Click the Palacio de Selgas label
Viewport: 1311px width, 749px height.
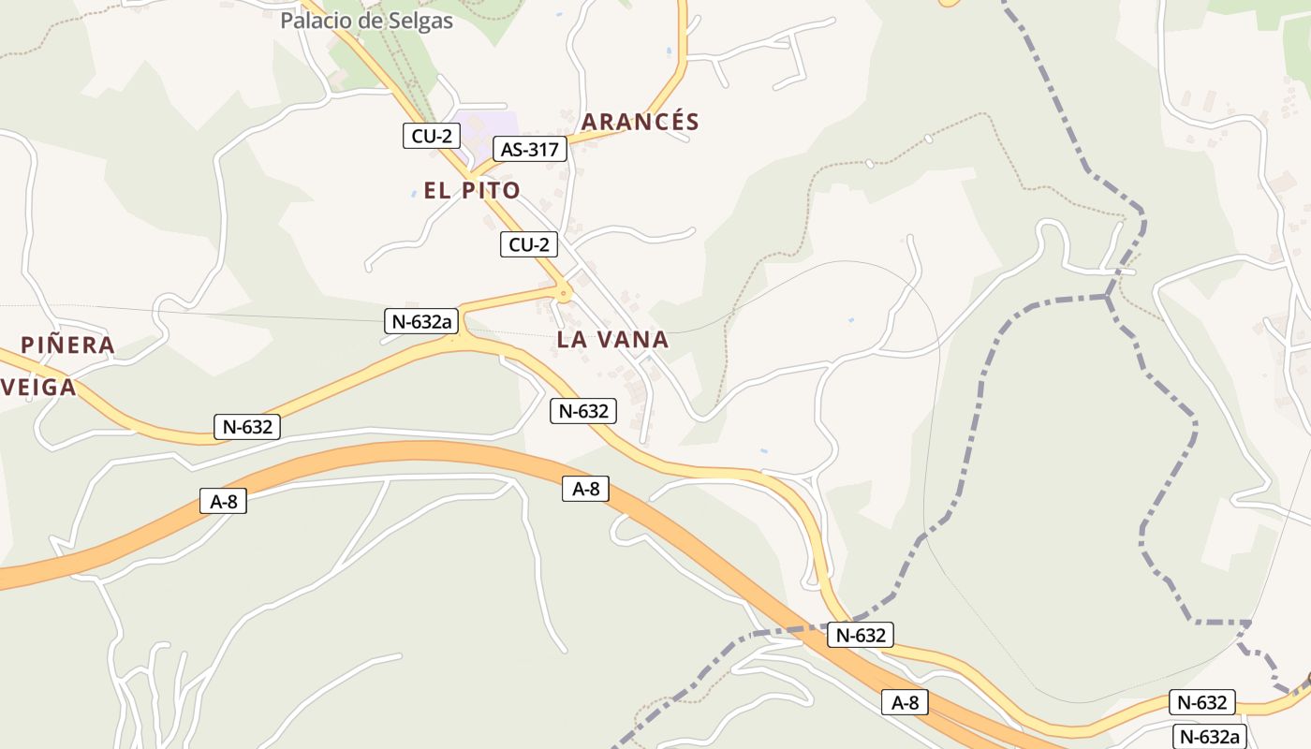pos(366,21)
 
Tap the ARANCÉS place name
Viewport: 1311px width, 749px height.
pos(641,122)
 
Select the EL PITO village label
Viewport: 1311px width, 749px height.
pos(472,191)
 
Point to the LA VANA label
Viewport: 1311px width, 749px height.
pos(612,340)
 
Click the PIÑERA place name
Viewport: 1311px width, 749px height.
pos(67,345)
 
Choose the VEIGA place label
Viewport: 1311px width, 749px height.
pos(37,387)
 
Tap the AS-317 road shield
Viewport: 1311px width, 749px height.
pos(530,149)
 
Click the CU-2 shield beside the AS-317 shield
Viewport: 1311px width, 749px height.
pos(432,136)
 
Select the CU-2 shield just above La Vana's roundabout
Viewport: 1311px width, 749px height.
pos(529,245)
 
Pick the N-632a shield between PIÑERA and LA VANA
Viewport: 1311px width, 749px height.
pos(420,322)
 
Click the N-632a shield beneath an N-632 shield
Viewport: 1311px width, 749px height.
pos(1209,736)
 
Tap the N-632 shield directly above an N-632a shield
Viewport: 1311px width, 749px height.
pos(1202,702)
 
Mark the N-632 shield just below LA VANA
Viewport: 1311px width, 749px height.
pos(583,410)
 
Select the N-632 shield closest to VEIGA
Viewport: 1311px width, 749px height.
pos(247,427)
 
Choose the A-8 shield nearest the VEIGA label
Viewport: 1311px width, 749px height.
pos(223,501)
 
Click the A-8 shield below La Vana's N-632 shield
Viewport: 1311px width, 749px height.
pos(586,488)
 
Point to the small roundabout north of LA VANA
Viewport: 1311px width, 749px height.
pos(563,293)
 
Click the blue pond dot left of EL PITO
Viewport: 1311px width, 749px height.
pos(413,195)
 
